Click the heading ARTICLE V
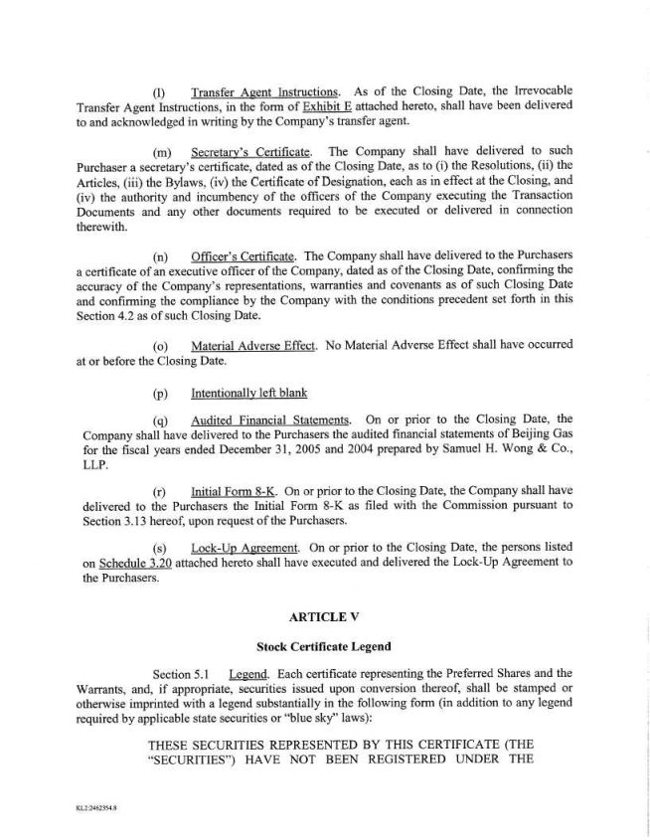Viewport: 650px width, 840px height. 324,616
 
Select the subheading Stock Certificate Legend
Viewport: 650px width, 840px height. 324,646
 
